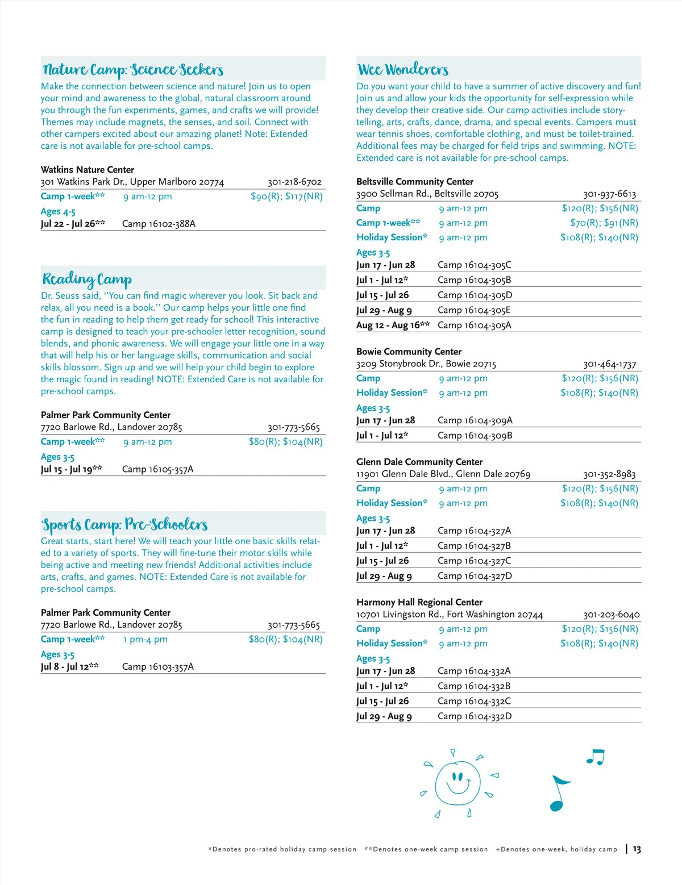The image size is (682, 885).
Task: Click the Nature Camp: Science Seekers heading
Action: [x=133, y=70]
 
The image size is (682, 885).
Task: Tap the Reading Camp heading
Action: [x=87, y=279]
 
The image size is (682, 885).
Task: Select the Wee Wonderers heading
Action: [x=402, y=70]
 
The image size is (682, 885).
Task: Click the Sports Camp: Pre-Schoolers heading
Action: [x=124, y=524]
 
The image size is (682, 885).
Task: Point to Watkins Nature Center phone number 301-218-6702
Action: [x=294, y=182]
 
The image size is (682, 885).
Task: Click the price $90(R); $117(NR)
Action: [x=286, y=197]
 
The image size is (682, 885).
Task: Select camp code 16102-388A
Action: [x=159, y=224]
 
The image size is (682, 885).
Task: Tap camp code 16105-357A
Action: [x=157, y=469]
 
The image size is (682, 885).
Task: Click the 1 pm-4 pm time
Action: [x=145, y=640]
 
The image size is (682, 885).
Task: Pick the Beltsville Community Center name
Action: [x=414, y=182]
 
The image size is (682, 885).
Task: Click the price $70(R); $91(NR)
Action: [x=604, y=223]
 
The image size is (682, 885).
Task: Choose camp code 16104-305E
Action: [x=474, y=310]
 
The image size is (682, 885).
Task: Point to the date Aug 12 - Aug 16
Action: [x=392, y=325]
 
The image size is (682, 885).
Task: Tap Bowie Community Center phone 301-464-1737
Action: [x=609, y=364]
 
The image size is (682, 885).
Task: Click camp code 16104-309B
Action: [x=475, y=436]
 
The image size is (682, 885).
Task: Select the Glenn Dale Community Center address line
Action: [x=443, y=474]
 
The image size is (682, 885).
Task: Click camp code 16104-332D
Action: [x=474, y=716]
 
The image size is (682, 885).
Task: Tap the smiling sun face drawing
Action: [x=456, y=784]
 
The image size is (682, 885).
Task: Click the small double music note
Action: [x=595, y=757]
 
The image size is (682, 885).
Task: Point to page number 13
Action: [x=637, y=849]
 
